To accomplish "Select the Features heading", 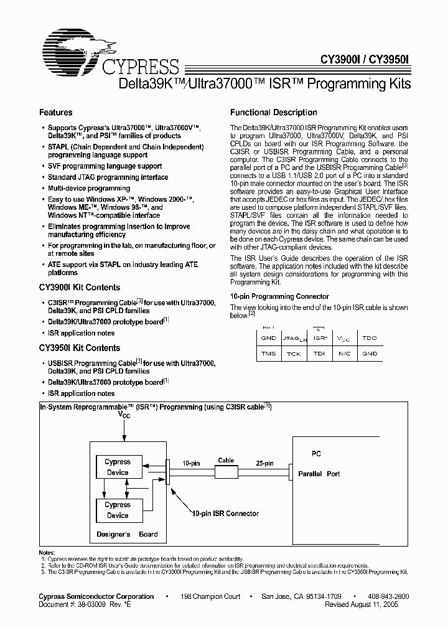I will pos(56,113).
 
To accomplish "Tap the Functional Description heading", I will pos(274,113).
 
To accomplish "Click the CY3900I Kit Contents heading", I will pos(80,288).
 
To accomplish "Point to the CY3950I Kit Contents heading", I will pos(80,348).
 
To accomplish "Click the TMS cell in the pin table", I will pos(268,354).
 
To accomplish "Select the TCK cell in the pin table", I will pos(294,354).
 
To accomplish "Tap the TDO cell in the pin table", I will pos(370,338).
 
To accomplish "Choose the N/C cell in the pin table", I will pos(344,354).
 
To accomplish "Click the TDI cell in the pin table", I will pos(319,354).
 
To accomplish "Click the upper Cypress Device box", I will pos(118,468).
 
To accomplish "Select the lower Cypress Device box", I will pos(118,510).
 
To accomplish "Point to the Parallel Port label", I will pos(319,474).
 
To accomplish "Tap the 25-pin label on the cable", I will pos(265,464).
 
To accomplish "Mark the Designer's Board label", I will pos(127,534).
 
